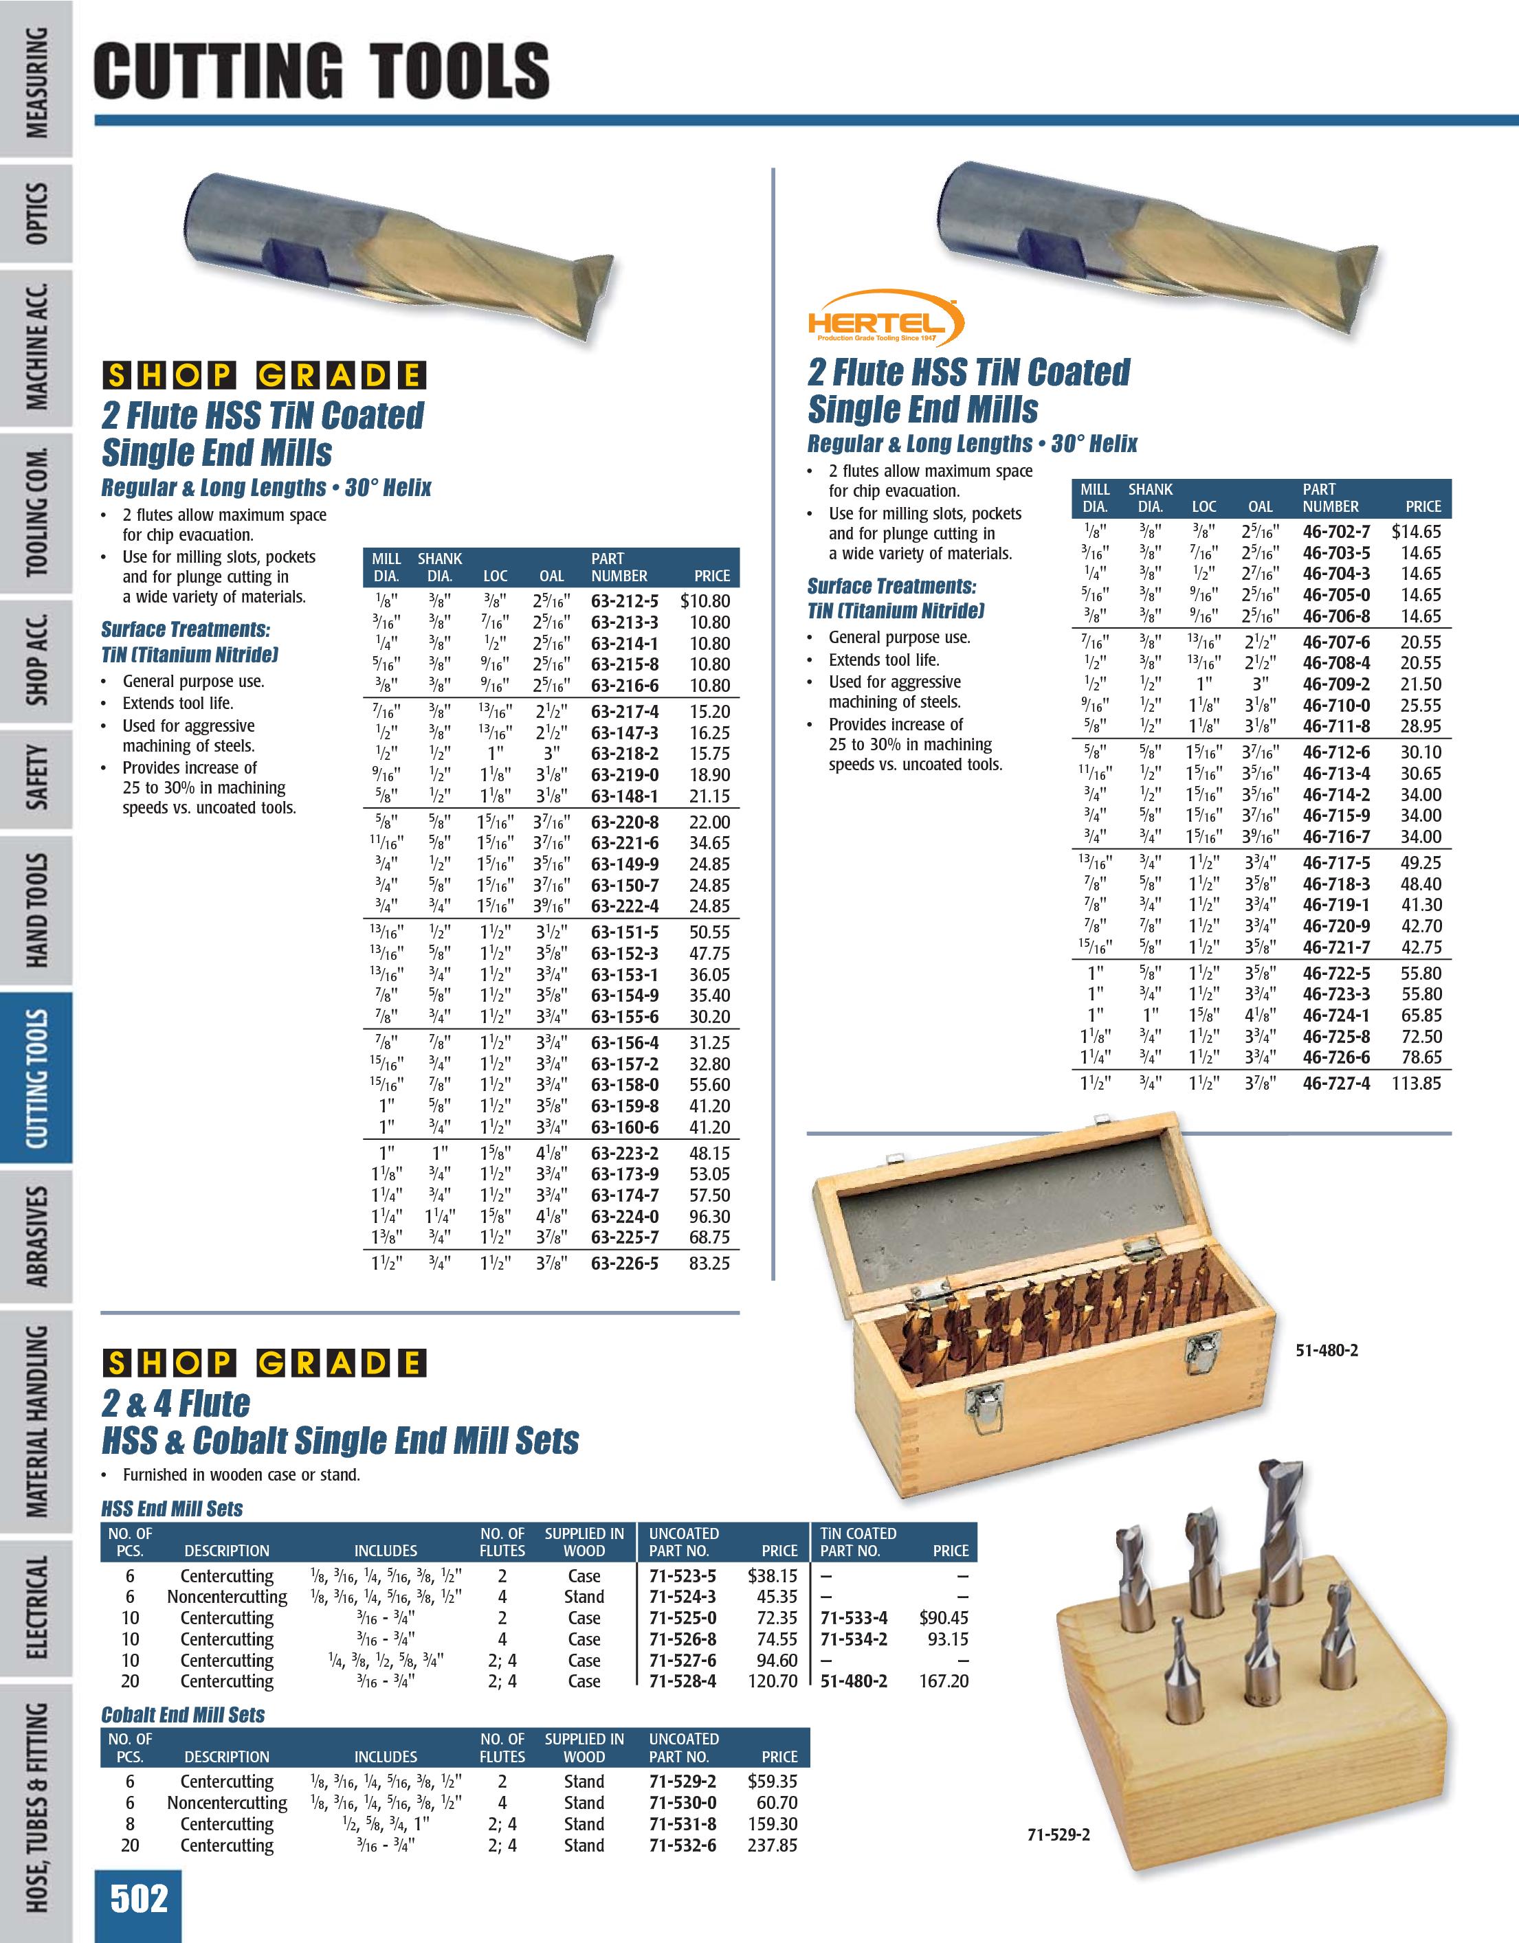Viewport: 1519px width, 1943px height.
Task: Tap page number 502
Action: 139,1900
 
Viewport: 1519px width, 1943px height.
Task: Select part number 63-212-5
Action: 625,601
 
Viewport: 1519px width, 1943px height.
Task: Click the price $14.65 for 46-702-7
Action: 1416,532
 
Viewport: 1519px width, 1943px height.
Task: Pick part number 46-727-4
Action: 1335,1083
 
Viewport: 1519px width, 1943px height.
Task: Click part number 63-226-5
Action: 625,1263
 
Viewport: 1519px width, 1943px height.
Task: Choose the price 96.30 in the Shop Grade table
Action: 709,1216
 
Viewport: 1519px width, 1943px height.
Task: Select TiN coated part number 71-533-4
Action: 854,1618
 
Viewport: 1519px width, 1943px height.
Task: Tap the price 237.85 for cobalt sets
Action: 773,1845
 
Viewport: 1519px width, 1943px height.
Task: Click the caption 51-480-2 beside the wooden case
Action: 1326,1351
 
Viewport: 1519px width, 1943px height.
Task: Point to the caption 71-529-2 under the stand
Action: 1058,1835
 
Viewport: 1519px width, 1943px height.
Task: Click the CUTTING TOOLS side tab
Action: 37,1077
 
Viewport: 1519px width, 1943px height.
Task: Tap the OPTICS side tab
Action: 37,214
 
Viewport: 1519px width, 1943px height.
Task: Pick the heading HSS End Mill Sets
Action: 172,1509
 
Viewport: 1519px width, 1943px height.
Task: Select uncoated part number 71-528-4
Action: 682,1681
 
